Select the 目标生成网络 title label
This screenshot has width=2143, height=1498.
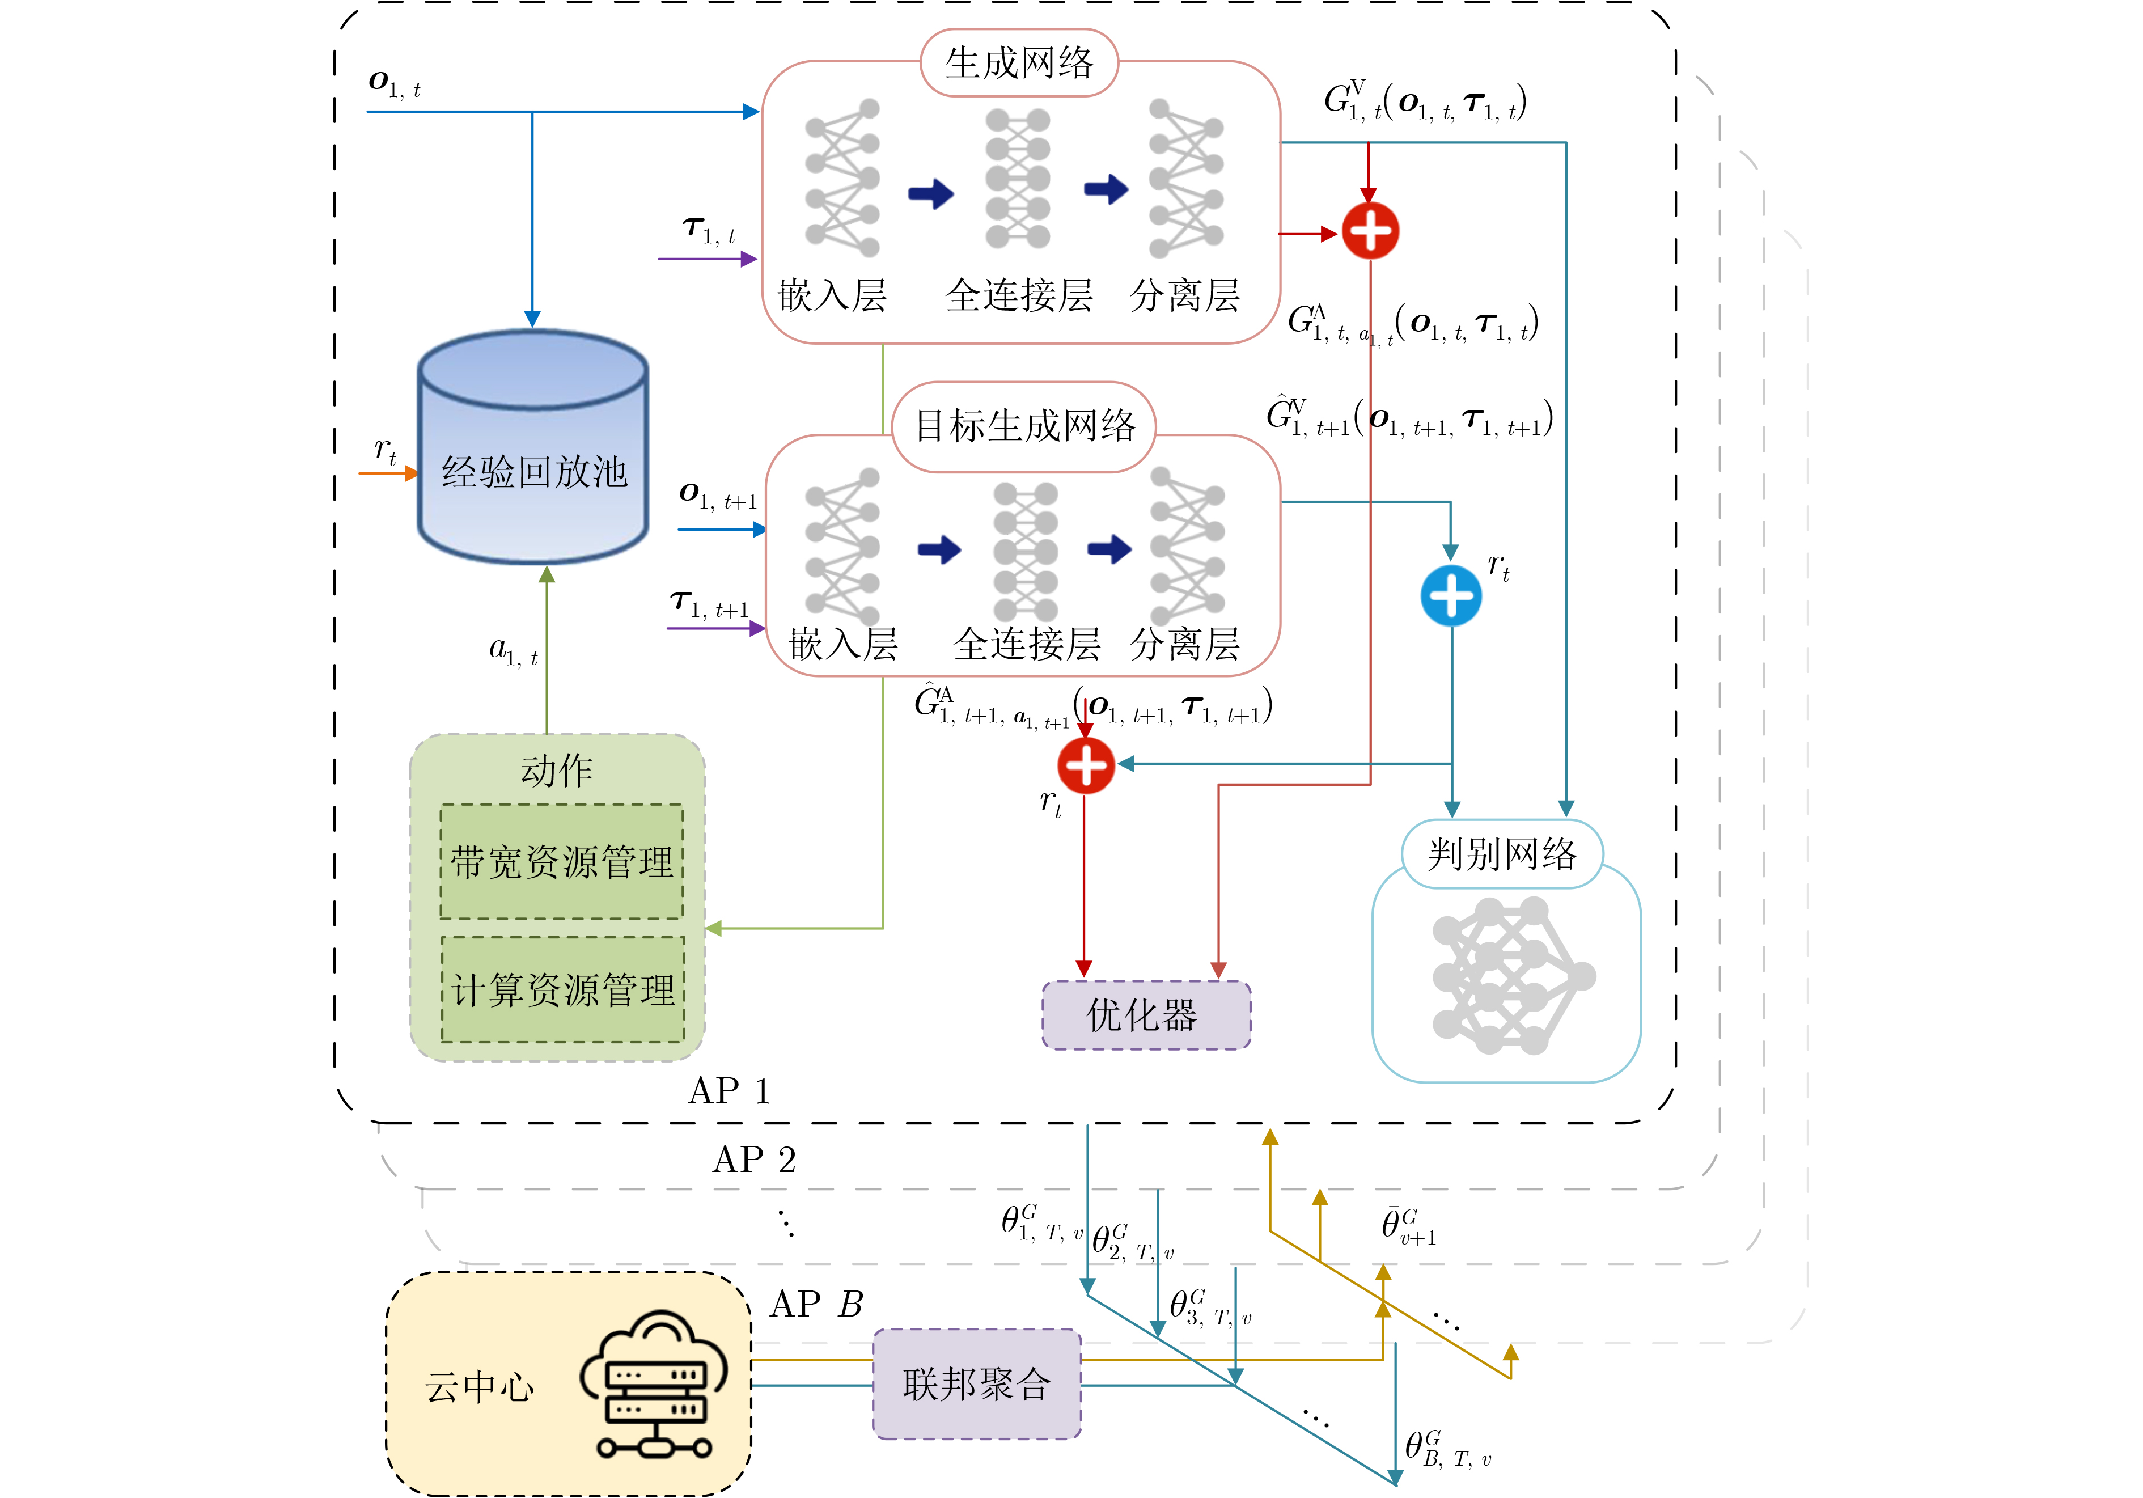pyautogui.click(x=1024, y=426)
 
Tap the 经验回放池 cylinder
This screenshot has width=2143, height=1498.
pyautogui.click(x=533, y=448)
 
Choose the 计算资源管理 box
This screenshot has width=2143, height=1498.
pyautogui.click(x=563, y=989)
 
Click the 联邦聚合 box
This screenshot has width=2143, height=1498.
pyautogui.click(x=976, y=1383)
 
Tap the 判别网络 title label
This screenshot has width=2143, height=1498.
pyautogui.click(x=1502, y=854)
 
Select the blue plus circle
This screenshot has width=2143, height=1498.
pyautogui.click(x=1450, y=595)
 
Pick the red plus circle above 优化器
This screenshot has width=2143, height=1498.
pyautogui.click(x=1086, y=765)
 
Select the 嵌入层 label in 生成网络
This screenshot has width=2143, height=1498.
pyautogui.click(x=832, y=296)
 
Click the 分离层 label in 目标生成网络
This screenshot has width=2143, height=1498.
pyautogui.click(x=1184, y=644)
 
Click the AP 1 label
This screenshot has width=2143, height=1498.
pyautogui.click(x=729, y=1091)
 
